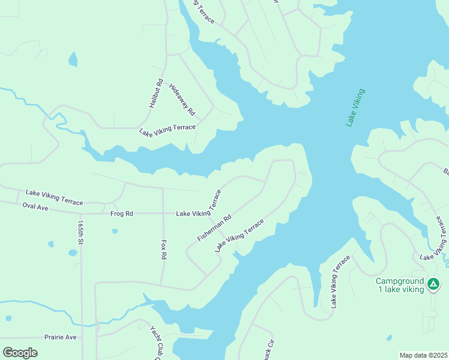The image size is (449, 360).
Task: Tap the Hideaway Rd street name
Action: (x=182, y=100)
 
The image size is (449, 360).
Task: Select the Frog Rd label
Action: (x=121, y=214)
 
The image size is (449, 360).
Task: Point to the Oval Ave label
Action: (x=35, y=206)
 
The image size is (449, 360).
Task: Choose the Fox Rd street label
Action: (x=163, y=250)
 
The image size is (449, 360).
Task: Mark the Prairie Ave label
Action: (x=60, y=337)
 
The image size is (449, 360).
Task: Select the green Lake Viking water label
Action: (x=355, y=108)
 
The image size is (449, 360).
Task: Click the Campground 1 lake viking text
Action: (x=400, y=285)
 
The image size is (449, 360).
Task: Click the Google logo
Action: (x=20, y=353)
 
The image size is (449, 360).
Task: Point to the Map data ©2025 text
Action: (x=423, y=355)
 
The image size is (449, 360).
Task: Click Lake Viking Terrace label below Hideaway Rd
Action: (x=167, y=130)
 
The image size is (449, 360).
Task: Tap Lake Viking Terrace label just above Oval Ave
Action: (x=54, y=197)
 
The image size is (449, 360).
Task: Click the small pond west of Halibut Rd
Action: (x=73, y=59)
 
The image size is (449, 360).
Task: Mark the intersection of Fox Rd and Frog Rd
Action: (x=163, y=214)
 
